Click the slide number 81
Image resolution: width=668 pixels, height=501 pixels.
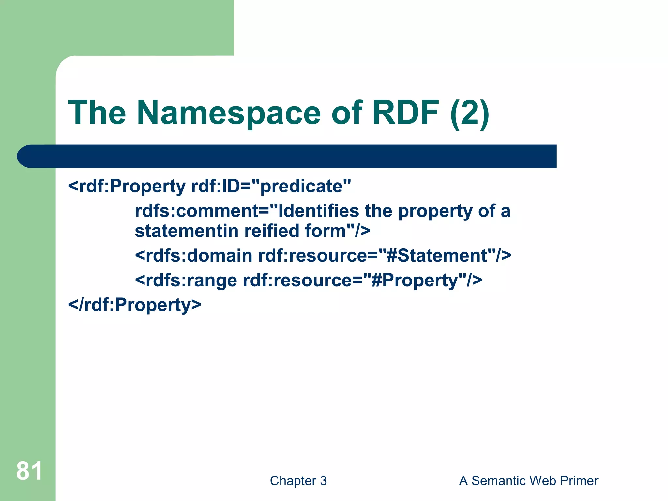click(x=29, y=471)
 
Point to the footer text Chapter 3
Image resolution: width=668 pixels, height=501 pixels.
click(x=298, y=481)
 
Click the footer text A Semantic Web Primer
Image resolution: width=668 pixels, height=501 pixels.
click(x=528, y=481)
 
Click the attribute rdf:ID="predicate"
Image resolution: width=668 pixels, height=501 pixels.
click(x=271, y=187)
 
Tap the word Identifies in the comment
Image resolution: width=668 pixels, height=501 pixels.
click(x=318, y=211)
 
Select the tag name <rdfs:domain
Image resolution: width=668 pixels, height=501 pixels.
click(x=193, y=255)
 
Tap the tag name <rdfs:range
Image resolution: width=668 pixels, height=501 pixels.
click(x=186, y=280)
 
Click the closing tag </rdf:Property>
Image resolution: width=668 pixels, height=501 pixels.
click(x=135, y=305)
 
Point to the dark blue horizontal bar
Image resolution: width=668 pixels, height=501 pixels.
click(x=287, y=156)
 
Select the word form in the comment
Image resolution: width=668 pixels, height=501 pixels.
click(x=325, y=231)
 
